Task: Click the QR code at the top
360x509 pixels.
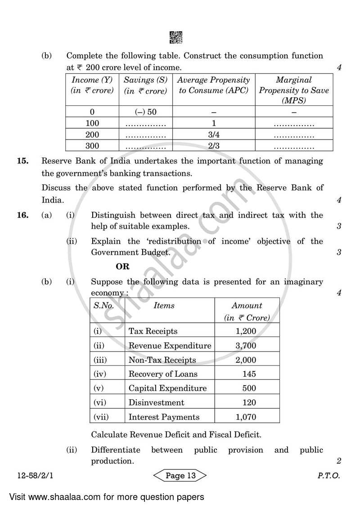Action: tap(176, 37)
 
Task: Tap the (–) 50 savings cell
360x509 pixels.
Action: tap(146, 112)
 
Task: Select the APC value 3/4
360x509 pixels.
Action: tap(214, 135)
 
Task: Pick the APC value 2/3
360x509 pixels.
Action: tap(214, 146)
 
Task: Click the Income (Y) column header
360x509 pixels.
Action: tap(92, 85)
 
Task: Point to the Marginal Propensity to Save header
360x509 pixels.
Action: tap(294, 90)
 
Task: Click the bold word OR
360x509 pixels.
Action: tap(122, 266)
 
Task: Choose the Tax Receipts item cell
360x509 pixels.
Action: tap(153, 331)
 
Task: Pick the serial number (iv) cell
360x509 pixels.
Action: tap(100, 374)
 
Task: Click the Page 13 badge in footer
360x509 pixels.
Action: tap(180, 476)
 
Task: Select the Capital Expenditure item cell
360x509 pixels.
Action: tap(167, 388)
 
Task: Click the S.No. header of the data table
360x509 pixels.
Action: tap(103, 306)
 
